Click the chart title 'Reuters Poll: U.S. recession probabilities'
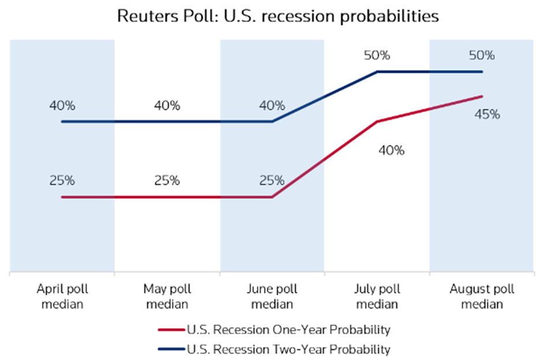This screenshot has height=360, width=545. pyautogui.click(x=278, y=16)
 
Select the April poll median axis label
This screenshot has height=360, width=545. pyautogui.click(x=62, y=296)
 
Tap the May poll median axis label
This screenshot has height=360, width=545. pyautogui.click(x=167, y=296)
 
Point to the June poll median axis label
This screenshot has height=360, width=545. pyautogui.click(x=272, y=296)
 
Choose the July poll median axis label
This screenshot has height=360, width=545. pyautogui.click(x=377, y=296)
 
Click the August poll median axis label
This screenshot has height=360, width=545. pyautogui.click(x=482, y=296)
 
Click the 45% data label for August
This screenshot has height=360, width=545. pyautogui.click(x=487, y=114)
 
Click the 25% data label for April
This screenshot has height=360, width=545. pyautogui.click(x=62, y=180)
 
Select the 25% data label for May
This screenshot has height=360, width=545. pyautogui.click(x=167, y=180)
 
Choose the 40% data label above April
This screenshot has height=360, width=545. pyautogui.click(x=62, y=106)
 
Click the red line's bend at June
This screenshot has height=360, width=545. pyautogui.click(x=272, y=197)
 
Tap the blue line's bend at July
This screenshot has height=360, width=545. pyautogui.click(x=377, y=72)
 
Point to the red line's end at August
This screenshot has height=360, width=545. pyautogui.click(x=482, y=97)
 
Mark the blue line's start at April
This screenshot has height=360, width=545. pyautogui.click(x=62, y=122)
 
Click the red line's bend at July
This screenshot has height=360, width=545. pyautogui.click(x=377, y=121)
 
